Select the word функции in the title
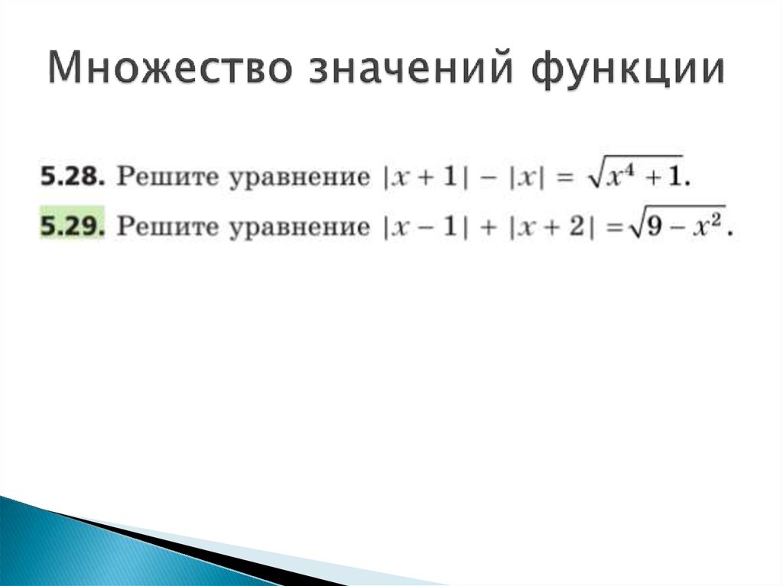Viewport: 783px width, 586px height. (x=626, y=71)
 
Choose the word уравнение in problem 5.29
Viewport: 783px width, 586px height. (x=295, y=227)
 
